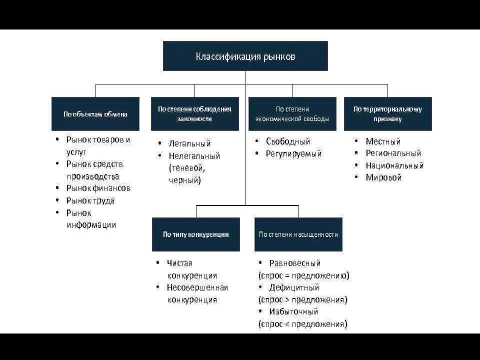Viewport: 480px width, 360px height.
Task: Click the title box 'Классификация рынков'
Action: [x=245, y=56]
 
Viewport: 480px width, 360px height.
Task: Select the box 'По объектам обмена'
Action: [x=95, y=114]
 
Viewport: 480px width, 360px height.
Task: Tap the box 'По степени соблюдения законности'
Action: [x=194, y=114]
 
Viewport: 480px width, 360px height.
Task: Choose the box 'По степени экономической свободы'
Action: [x=292, y=114]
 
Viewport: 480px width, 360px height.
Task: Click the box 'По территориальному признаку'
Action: [x=388, y=114]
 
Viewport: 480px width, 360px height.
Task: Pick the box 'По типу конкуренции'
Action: [x=196, y=234]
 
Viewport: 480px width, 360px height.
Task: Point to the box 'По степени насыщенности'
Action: [x=298, y=234]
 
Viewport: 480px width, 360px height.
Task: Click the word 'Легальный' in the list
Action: [x=190, y=143]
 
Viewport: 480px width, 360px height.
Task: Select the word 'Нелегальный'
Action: [x=194, y=156]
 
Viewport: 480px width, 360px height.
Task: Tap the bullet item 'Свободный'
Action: [x=288, y=141]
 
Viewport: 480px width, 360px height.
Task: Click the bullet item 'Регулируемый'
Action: [x=293, y=153]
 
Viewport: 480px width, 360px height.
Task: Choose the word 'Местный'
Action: [x=383, y=141]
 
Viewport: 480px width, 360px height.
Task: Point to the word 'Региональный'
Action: [x=393, y=153]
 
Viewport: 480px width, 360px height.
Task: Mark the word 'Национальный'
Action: [x=394, y=165]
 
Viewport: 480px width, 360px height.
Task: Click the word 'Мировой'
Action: [x=383, y=177]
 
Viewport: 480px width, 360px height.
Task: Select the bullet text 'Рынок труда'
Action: [x=90, y=201]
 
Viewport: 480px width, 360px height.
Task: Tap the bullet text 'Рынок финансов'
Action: [x=98, y=188]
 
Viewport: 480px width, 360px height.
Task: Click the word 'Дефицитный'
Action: [x=294, y=288]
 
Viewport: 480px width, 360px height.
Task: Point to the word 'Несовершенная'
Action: [x=197, y=288]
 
